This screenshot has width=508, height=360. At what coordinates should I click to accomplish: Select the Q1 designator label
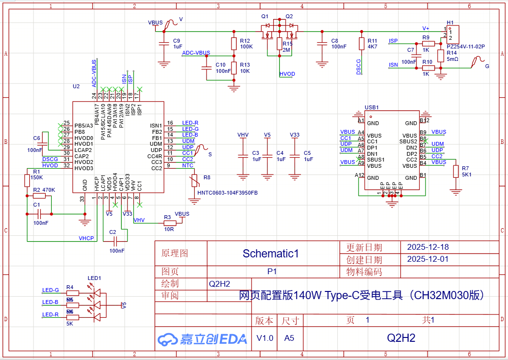[x=265, y=16]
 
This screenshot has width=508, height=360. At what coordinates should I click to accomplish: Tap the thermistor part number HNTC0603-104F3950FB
[x=227, y=193]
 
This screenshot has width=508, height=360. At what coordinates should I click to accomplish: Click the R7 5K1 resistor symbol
[x=455, y=172]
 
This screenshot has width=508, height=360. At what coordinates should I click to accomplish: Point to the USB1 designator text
[x=371, y=107]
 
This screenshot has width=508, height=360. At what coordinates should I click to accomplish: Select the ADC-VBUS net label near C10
[x=196, y=53]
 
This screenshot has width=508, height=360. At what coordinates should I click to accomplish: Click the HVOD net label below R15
[x=287, y=74]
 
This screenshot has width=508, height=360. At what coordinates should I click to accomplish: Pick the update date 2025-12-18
[x=427, y=247]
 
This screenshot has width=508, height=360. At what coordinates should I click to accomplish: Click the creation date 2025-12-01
[x=427, y=259]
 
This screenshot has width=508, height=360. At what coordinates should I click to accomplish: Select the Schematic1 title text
[x=270, y=254]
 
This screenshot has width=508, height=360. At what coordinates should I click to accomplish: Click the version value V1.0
[x=265, y=338]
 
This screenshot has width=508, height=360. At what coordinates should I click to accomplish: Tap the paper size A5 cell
[x=289, y=338]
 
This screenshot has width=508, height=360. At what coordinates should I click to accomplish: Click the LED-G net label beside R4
[x=50, y=290]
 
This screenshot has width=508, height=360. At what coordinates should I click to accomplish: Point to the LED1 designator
[x=94, y=278]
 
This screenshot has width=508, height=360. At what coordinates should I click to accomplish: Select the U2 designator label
[x=76, y=87]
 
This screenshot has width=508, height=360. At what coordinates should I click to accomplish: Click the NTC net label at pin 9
[x=187, y=165]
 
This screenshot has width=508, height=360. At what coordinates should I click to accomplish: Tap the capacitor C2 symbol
[x=113, y=241]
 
